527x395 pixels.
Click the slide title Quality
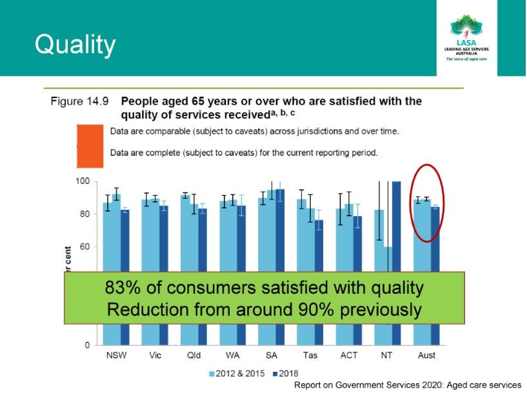75,45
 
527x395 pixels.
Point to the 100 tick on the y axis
82,181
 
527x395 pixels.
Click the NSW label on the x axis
116,356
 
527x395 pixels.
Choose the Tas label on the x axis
310,356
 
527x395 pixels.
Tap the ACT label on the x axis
348,356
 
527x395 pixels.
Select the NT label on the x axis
387,356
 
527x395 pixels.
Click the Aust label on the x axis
426,356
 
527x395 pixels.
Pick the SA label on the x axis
271,356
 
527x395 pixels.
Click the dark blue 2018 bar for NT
396,226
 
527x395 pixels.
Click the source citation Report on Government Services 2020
407,385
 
